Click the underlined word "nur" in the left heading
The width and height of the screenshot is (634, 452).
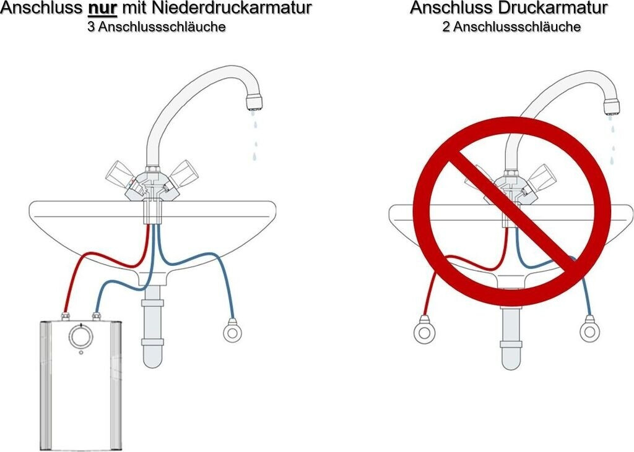coord(103,8)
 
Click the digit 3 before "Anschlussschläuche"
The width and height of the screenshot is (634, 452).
coord(92,27)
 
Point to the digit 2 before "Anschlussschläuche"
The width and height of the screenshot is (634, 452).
coord(446,27)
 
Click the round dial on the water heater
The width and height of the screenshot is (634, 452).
coord(81,336)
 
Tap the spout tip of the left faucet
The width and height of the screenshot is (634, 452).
coord(254,103)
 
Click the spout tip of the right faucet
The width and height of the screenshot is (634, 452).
coord(612,107)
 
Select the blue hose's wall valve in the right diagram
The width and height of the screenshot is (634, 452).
coord(589,330)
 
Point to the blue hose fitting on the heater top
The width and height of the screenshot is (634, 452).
coord(97,315)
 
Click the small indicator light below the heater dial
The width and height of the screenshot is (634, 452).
coord(81,352)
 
